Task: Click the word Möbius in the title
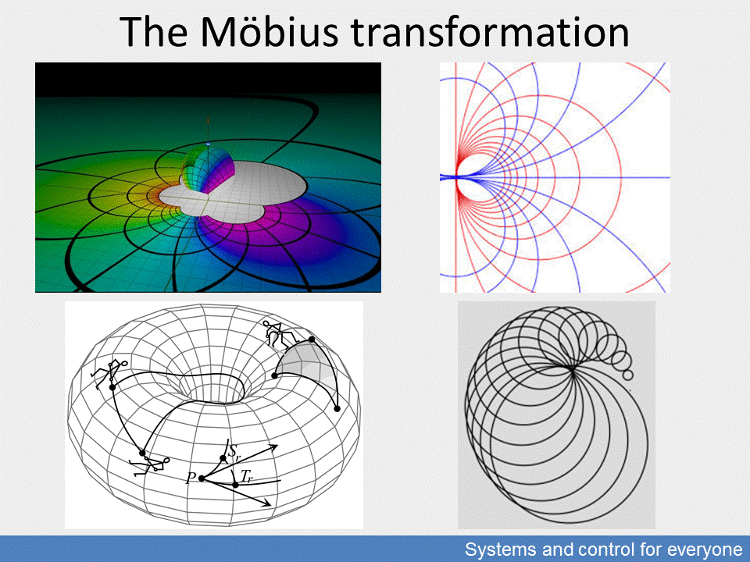click(269, 31)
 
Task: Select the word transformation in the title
click(489, 31)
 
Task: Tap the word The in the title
click(153, 31)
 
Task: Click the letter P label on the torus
click(191, 478)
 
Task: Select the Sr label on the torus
click(234, 451)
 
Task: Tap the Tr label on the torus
click(247, 476)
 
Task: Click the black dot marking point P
click(202, 478)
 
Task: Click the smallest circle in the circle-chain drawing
click(628, 375)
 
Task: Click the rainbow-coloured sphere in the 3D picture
click(209, 169)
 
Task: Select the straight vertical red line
click(455, 177)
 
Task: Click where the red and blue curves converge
click(457, 177)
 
